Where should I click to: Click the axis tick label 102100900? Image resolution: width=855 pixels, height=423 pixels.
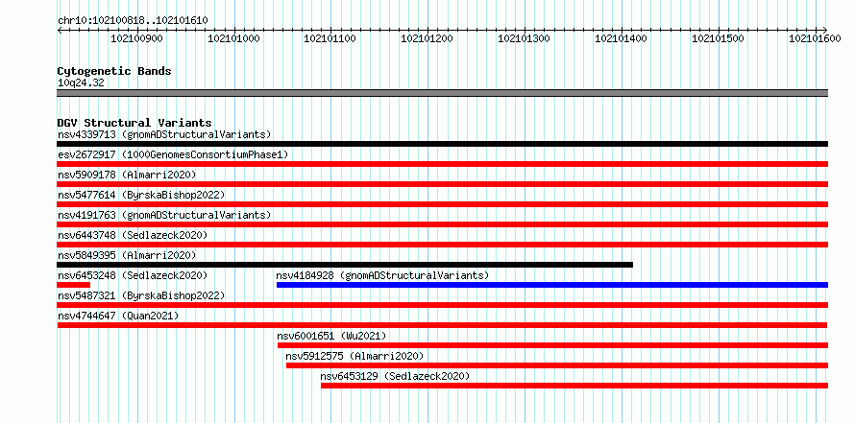[136, 38]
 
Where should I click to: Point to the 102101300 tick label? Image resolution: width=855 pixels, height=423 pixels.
[525, 38]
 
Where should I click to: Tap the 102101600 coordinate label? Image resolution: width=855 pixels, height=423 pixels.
[816, 38]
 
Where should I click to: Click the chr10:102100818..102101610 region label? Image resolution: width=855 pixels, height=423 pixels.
[133, 21]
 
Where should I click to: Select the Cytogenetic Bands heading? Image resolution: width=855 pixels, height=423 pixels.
[114, 71]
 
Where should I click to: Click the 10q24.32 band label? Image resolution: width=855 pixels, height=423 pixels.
[81, 83]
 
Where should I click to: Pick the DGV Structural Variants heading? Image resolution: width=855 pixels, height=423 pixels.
[134, 123]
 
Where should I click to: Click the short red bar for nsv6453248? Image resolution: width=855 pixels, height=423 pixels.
[74, 285]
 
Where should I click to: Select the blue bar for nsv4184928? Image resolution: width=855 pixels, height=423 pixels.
[552, 285]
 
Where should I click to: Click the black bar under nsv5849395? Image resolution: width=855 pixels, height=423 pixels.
[345, 265]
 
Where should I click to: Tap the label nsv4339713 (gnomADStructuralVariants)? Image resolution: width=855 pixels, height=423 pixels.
[164, 134]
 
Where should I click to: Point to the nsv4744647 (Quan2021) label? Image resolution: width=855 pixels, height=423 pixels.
[118, 316]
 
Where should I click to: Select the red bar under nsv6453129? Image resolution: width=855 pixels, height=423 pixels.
[574, 386]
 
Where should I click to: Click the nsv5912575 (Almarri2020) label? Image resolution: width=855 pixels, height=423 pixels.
[354, 356]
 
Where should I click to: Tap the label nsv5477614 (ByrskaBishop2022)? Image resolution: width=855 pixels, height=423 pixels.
[141, 195]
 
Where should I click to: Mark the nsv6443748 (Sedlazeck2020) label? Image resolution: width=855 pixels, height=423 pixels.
[133, 235]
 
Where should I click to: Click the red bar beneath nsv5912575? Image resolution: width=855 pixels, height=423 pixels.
[557, 365]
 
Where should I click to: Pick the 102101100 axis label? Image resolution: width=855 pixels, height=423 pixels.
[330, 38]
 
